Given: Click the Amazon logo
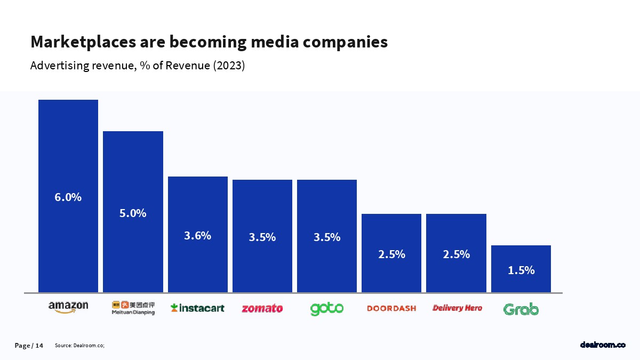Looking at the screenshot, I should tap(68, 307).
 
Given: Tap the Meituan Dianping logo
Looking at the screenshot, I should tap(133, 308).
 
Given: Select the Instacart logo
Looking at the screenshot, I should tap(197, 308).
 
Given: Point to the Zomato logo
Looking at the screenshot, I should tap(262, 308).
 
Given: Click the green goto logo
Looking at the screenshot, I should tap(327, 308).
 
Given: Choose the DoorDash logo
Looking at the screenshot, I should tap(391, 308).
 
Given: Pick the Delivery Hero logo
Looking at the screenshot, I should tap(457, 308).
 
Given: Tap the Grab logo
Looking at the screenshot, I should tap(521, 309).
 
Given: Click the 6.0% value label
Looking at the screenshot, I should tap(68, 197).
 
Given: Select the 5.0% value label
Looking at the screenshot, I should tap(133, 213).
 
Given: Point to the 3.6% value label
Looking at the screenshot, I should tap(198, 236).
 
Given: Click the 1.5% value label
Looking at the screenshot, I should tap(521, 270).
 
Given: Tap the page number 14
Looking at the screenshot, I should tap(39, 346).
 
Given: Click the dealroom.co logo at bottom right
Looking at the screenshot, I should tap(603, 346).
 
